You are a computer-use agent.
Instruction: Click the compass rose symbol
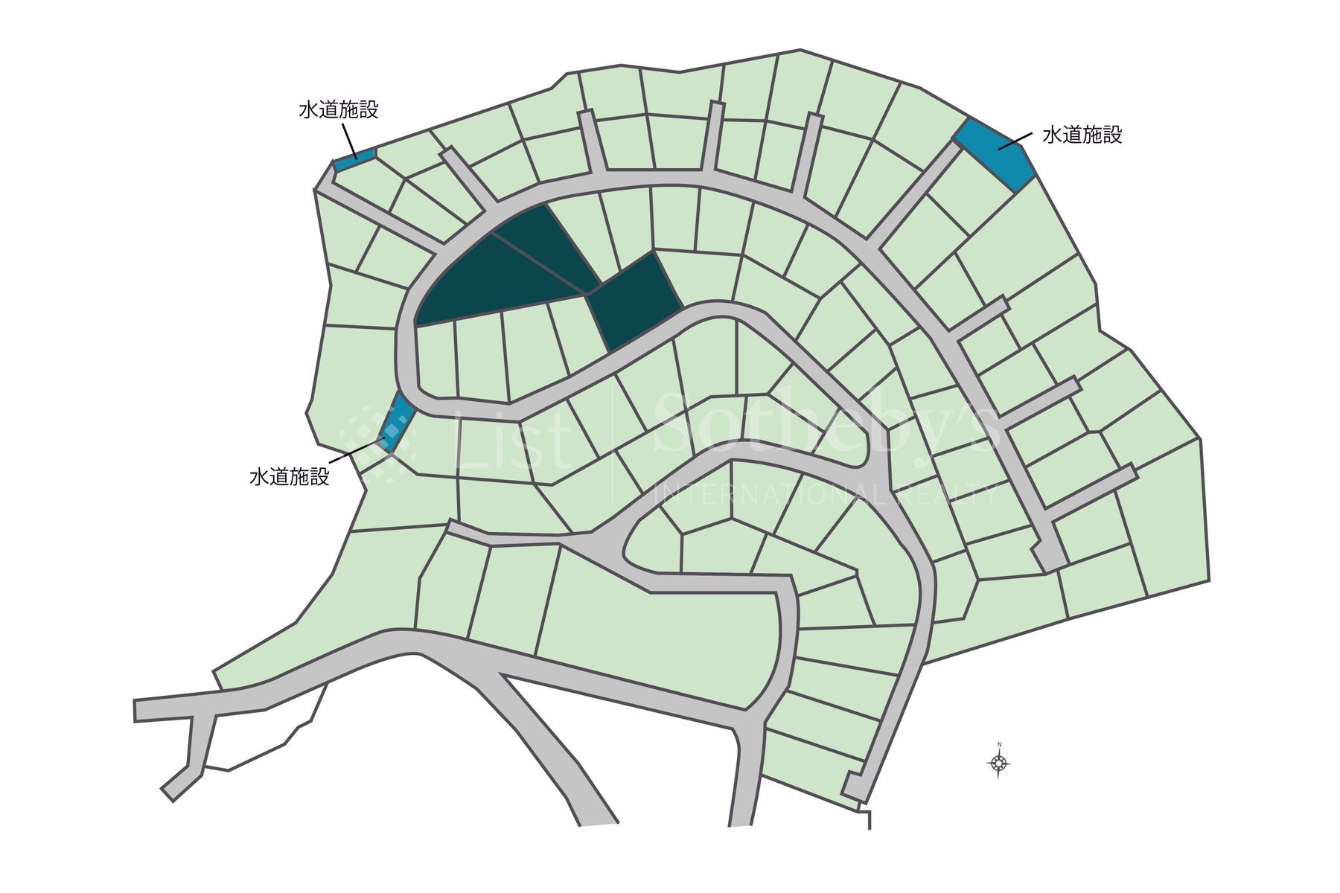(998, 763)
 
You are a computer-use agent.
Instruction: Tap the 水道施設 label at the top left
(339, 110)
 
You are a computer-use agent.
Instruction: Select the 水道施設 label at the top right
(1082, 135)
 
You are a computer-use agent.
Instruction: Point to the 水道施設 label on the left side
(289, 476)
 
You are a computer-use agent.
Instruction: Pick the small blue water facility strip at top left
(354, 159)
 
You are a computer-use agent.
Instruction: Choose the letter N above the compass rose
(999, 744)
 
